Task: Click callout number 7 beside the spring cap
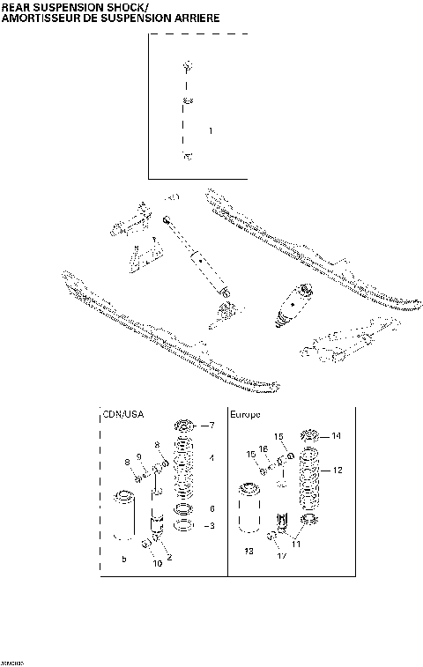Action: tap(211, 426)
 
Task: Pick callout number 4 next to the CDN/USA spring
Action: tap(211, 459)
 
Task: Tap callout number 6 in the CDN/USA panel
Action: tap(211, 508)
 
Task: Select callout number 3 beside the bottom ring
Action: tap(211, 526)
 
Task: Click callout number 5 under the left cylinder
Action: tap(123, 559)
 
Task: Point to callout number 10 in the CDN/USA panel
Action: tap(158, 563)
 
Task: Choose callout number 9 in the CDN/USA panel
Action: tap(138, 456)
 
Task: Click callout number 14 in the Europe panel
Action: tap(336, 436)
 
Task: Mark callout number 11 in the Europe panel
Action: tap(297, 545)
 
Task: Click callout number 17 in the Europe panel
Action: tap(280, 555)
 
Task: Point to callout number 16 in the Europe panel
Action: tap(263, 449)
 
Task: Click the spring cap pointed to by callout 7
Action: tap(185, 426)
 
